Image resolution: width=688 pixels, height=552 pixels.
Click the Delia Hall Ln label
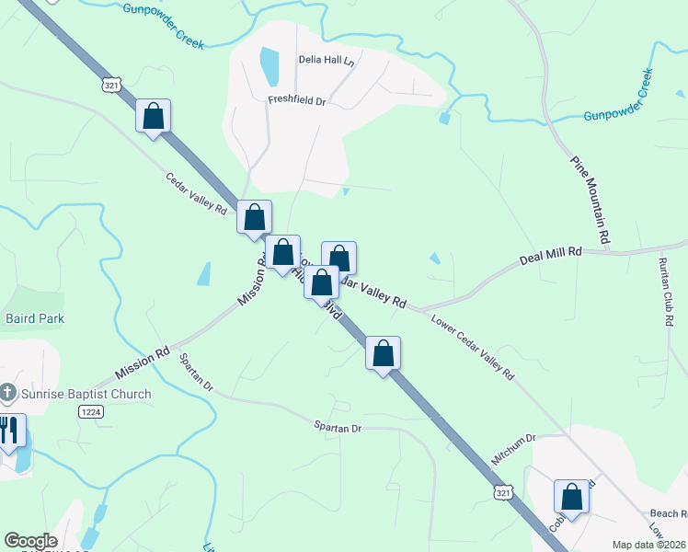click(x=326, y=61)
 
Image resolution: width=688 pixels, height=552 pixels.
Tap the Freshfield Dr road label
click(x=297, y=100)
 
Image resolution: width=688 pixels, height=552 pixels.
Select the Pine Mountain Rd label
click(x=591, y=200)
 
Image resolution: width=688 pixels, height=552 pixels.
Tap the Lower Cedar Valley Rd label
click(x=473, y=347)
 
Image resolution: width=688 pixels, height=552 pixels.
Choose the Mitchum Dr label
click(x=516, y=440)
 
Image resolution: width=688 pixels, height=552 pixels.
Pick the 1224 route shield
click(x=90, y=413)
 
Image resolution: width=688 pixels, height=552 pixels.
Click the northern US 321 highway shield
click(x=111, y=85)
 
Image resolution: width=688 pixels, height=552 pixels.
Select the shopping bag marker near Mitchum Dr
click(x=571, y=497)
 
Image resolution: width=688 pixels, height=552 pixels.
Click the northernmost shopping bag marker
click(x=154, y=118)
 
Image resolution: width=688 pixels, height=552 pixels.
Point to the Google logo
click(x=30, y=541)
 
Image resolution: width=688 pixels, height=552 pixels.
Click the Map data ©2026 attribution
click(x=648, y=545)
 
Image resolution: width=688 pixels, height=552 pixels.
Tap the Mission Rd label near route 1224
click(x=143, y=362)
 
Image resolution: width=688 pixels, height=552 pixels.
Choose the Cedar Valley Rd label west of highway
click(x=196, y=194)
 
